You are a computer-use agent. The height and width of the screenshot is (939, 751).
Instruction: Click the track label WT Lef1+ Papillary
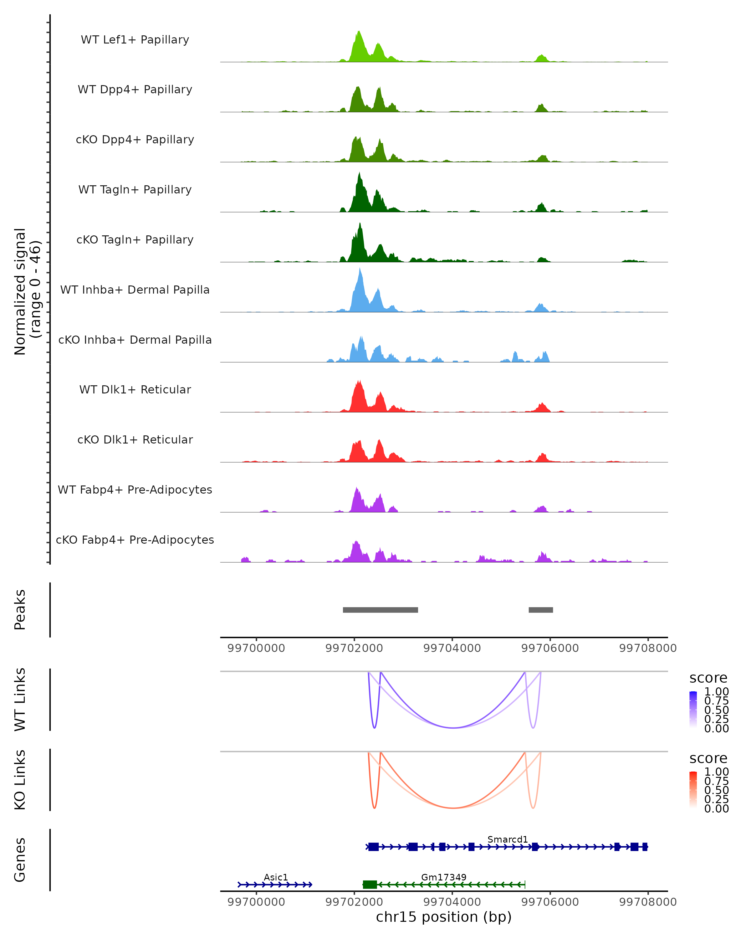click(135, 40)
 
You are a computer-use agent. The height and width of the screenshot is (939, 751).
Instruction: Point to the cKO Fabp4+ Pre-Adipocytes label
click(135, 540)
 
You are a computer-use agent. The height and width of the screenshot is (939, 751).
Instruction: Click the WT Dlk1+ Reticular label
click(135, 390)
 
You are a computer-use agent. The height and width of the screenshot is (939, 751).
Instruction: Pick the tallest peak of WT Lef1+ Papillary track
click(359, 32)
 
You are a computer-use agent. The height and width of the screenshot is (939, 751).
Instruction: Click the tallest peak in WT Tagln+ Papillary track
click(359, 174)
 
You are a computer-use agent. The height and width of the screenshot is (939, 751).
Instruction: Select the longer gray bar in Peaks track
click(380, 610)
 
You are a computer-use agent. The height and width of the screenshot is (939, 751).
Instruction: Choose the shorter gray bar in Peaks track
click(540, 610)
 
